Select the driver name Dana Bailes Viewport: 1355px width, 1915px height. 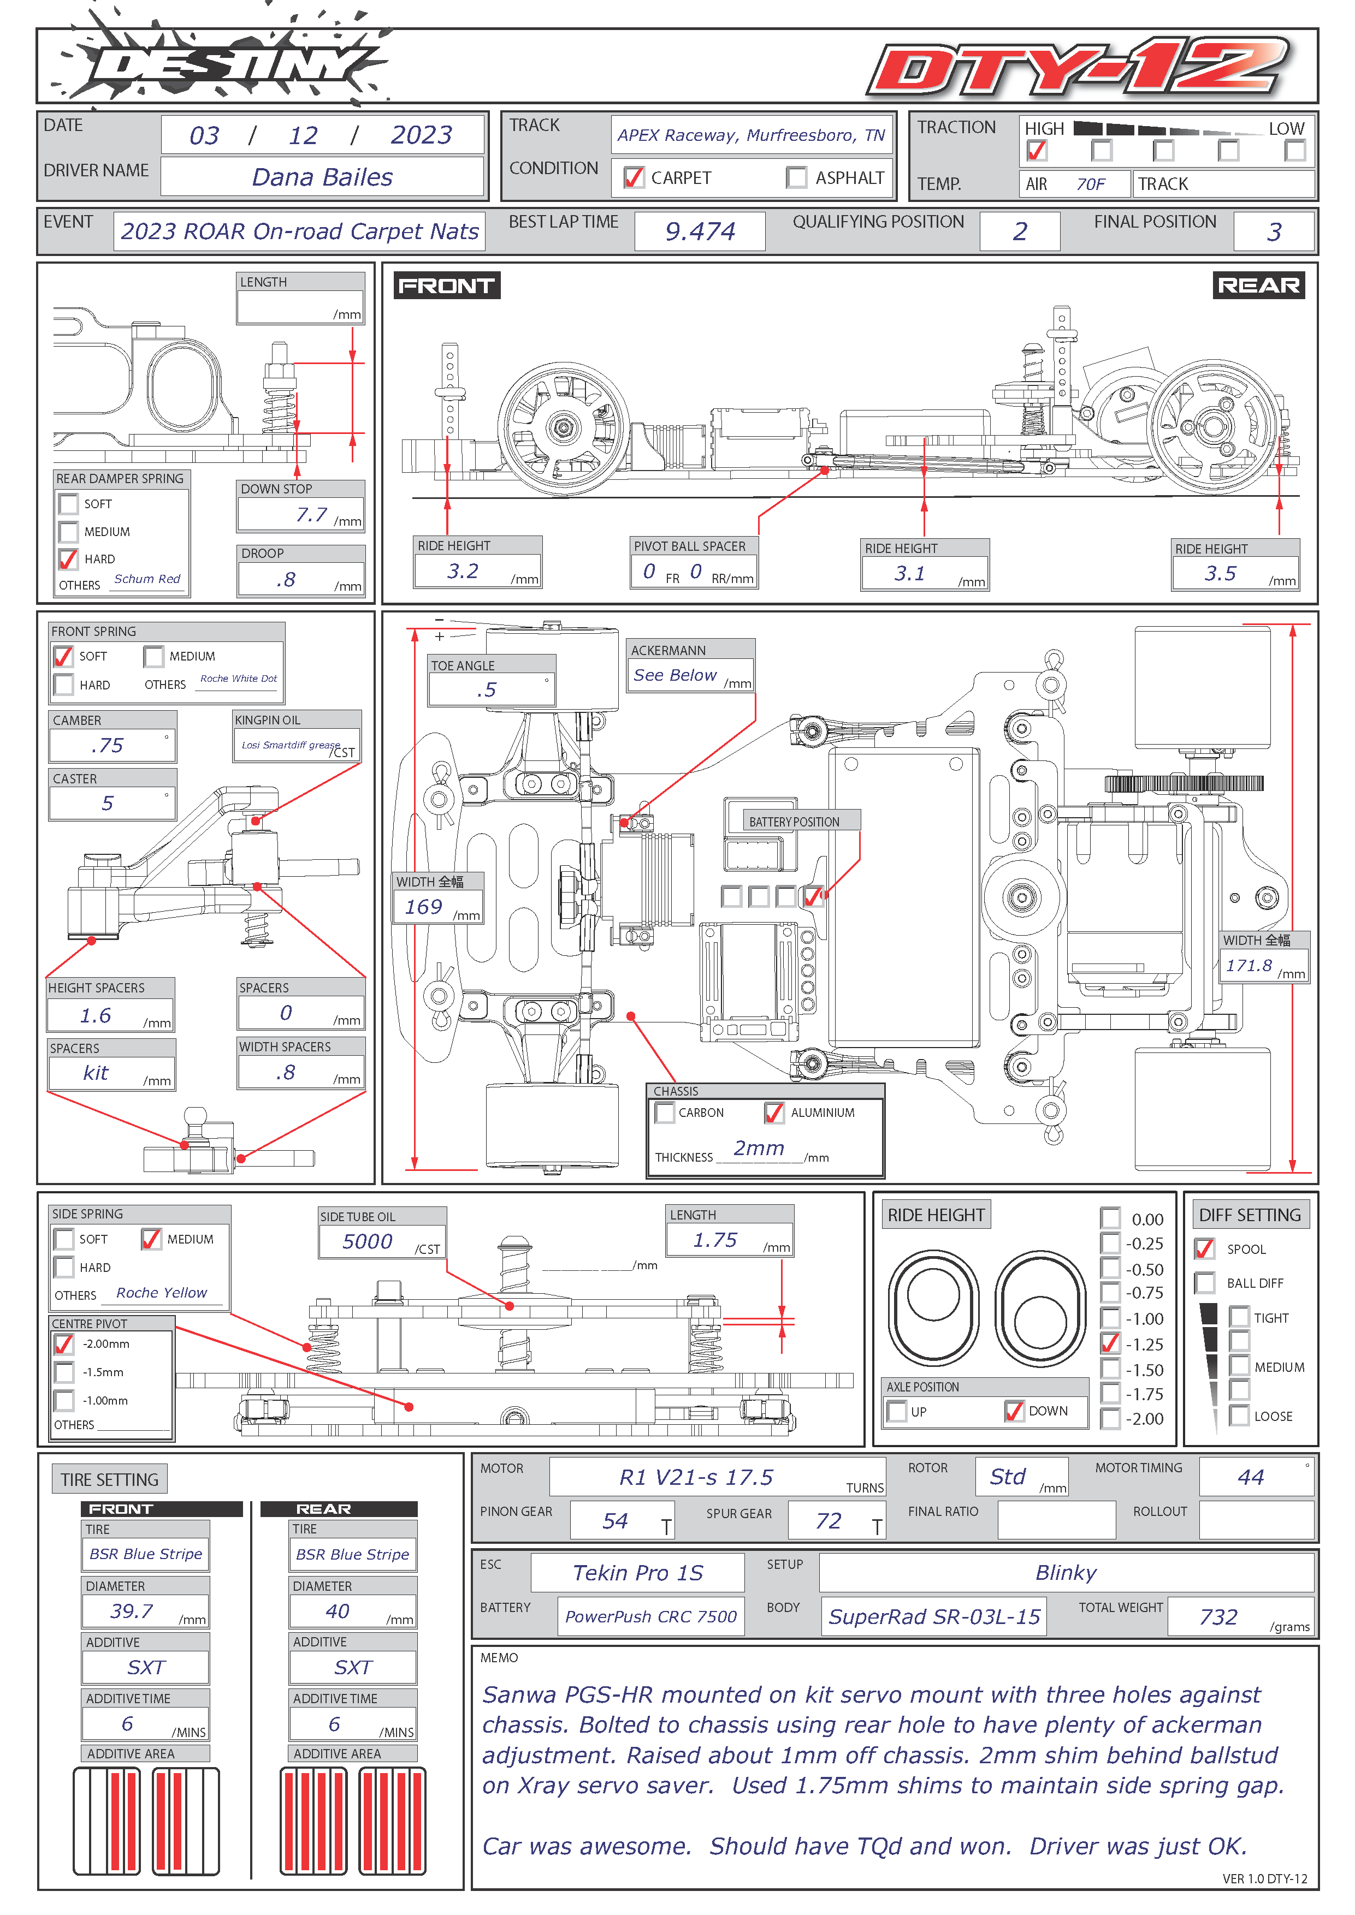(x=322, y=177)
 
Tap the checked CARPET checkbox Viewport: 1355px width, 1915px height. (x=634, y=177)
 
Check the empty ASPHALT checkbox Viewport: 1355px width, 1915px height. (x=797, y=177)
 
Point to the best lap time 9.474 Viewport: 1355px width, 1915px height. (x=700, y=231)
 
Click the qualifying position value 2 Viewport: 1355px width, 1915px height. (x=1020, y=231)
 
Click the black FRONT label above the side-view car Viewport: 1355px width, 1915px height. (x=446, y=286)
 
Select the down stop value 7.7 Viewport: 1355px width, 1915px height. (x=311, y=515)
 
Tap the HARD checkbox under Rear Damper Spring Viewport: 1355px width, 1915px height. (x=68, y=558)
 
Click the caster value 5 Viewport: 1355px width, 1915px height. (x=108, y=802)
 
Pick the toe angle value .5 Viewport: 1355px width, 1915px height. (x=487, y=690)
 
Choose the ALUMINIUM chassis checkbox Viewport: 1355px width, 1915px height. (x=774, y=1113)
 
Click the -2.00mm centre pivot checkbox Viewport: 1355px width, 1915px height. (x=63, y=1343)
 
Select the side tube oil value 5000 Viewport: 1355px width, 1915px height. (x=367, y=1241)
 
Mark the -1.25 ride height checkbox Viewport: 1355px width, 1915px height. (x=1110, y=1343)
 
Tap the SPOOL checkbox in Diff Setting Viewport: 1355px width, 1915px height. (x=1204, y=1248)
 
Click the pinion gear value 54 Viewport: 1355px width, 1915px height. (x=615, y=1520)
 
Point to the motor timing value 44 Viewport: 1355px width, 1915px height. (x=1251, y=1477)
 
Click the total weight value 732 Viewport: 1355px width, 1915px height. (x=1218, y=1616)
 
